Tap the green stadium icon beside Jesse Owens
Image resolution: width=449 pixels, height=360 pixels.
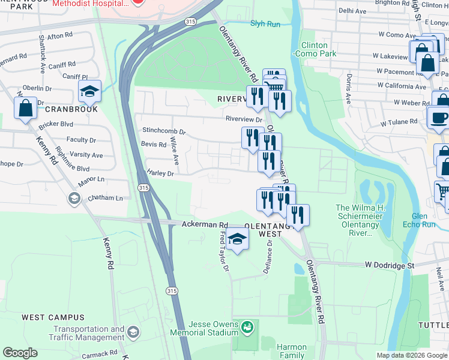tap(247, 328)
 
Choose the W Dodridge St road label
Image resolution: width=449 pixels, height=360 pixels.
tap(390, 265)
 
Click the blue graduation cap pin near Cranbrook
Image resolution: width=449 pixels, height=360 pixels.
tap(89, 91)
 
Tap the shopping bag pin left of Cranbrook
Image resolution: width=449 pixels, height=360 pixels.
tap(26, 109)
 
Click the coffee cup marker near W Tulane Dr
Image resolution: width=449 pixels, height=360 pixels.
tap(438, 116)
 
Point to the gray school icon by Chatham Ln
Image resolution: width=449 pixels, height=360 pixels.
tap(74, 198)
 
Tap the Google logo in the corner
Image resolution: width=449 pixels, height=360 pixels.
tap(20, 353)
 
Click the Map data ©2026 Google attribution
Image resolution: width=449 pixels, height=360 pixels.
tap(412, 355)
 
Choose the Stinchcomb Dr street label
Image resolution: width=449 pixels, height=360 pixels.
tap(164, 130)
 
